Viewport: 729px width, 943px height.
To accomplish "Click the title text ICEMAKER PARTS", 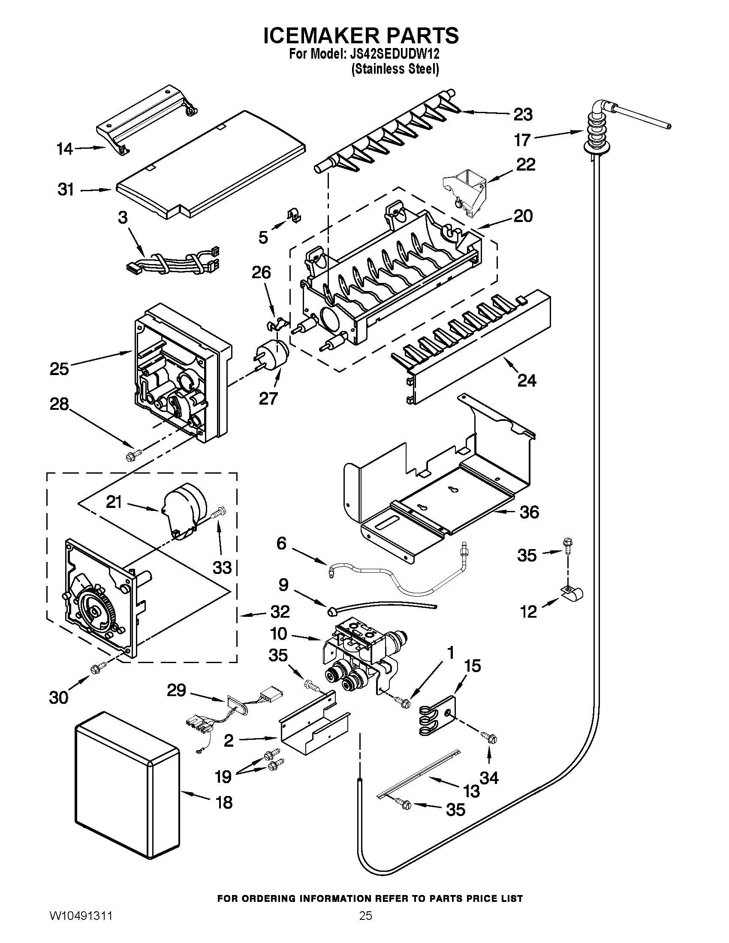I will pos(361,36).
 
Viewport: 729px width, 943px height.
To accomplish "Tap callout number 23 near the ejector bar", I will pos(523,115).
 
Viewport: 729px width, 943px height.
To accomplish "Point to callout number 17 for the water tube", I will pos(522,140).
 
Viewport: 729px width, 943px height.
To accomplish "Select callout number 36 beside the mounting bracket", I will pos(529,513).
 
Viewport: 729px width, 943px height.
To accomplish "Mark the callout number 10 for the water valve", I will pos(279,634).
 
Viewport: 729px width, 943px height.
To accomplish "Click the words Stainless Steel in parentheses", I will pos(395,69).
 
